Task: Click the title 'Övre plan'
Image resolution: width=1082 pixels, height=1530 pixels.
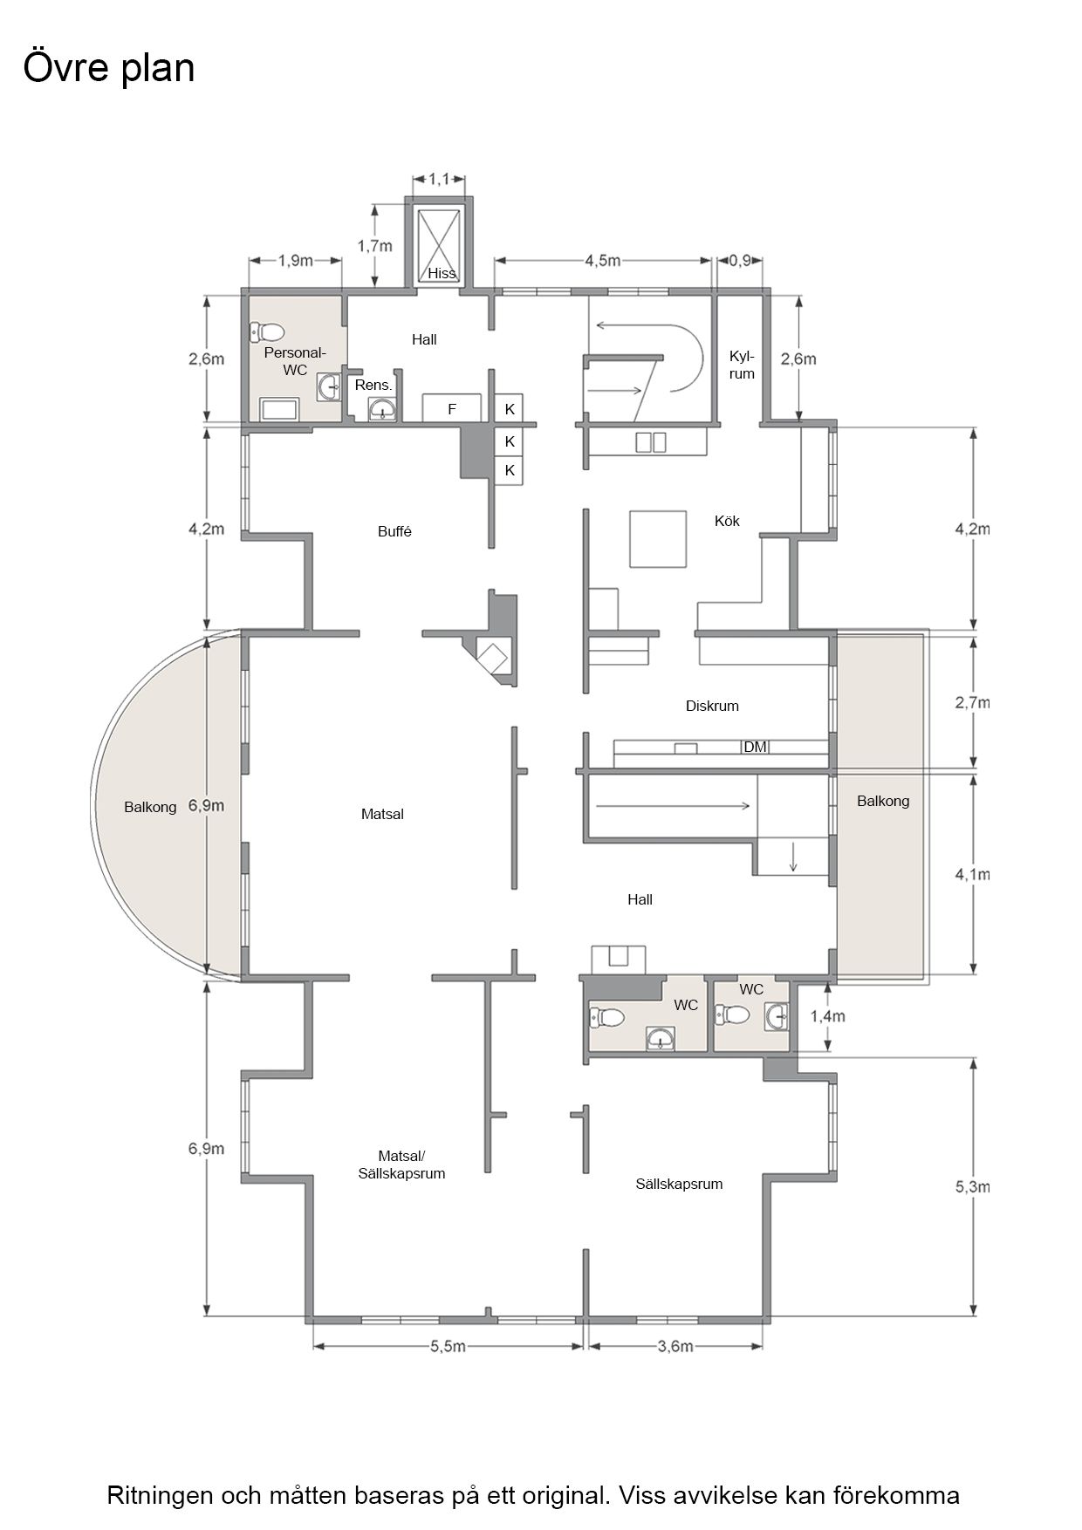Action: (x=109, y=68)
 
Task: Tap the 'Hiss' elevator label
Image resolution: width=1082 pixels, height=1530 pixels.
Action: (x=442, y=273)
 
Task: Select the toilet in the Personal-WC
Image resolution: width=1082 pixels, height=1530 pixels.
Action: (x=267, y=332)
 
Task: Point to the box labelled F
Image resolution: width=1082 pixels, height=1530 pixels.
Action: (x=452, y=407)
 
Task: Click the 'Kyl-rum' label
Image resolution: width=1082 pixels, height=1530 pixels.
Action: (x=742, y=365)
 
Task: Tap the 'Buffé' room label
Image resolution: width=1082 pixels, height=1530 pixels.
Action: (x=394, y=531)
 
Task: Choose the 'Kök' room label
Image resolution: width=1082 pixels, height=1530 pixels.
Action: (x=727, y=521)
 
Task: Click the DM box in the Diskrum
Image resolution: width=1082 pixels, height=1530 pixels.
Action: (x=755, y=747)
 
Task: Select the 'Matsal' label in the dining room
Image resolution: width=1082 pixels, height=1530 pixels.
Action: (x=382, y=814)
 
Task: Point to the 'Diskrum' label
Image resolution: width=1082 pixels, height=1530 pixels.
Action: (x=712, y=706)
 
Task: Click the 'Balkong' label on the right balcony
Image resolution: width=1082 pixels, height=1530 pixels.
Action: (x=883, y=801)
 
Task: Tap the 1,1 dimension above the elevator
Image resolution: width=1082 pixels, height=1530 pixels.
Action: (x=439, y=179)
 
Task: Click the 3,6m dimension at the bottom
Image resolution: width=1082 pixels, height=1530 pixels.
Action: (x=675, y=1347)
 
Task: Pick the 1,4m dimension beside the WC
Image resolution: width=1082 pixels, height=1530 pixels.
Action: (x=827, y=1016)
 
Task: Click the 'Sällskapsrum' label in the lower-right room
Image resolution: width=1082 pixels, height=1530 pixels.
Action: (x=679, y=1184)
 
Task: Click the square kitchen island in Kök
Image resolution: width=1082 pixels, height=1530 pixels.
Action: (x=659, y=538)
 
